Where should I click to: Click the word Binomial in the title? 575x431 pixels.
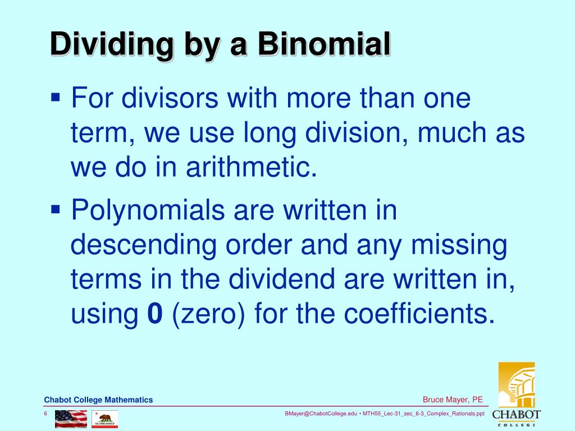click(324, 45)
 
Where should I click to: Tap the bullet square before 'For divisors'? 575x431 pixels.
click(55, 97)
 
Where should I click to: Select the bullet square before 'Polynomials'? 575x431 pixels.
click(55, 209)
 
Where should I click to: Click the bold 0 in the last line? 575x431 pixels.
click(154, 314)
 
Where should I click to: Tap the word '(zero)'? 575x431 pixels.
click(210, 315)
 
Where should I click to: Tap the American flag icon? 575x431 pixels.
click(71, 418)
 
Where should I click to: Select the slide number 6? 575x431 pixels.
click(45, 414)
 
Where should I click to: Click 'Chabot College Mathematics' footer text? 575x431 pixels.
click(98, 400)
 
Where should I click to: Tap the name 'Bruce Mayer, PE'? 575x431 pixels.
click(453, 400)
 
